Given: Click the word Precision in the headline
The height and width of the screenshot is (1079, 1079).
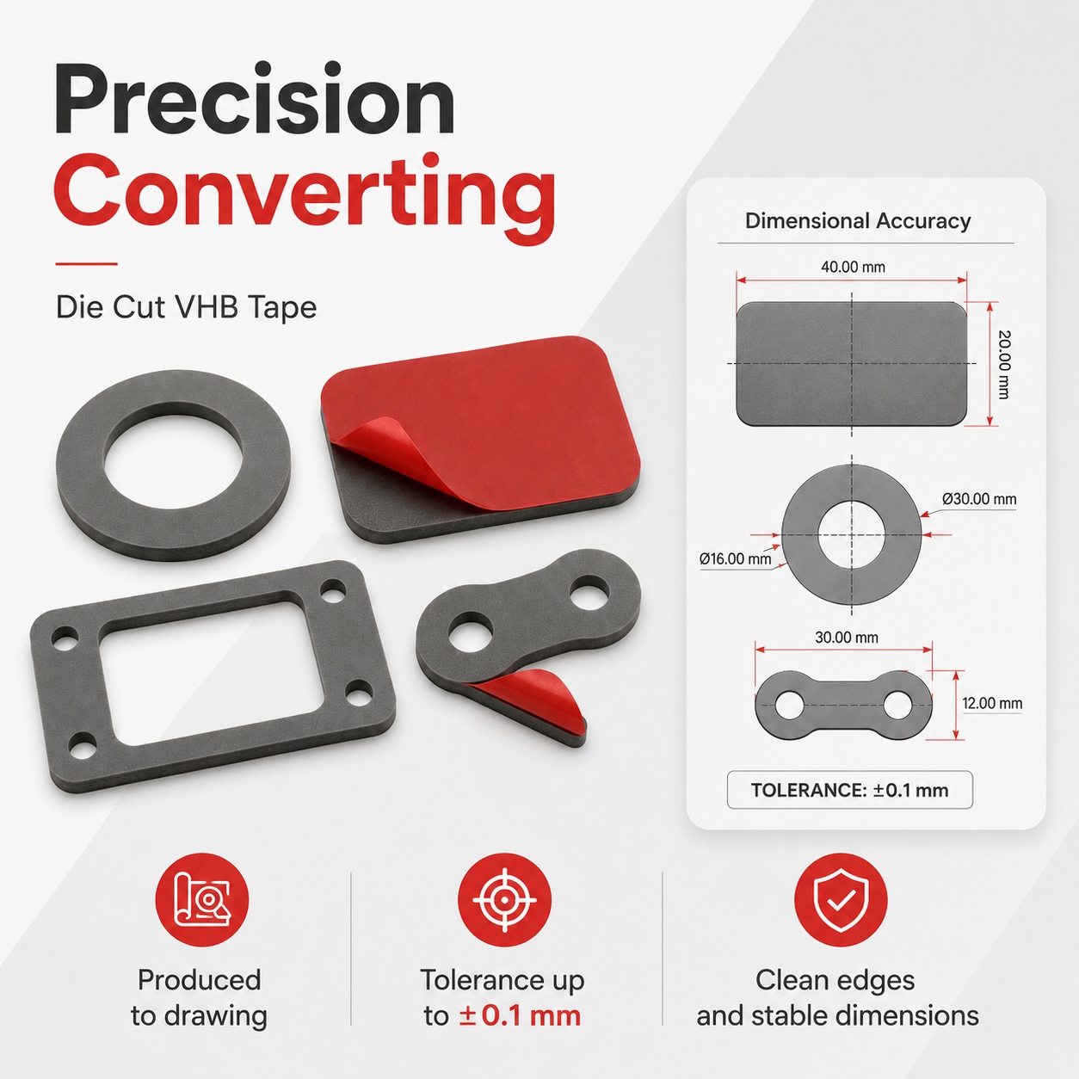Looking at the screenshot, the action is tap(255, 100).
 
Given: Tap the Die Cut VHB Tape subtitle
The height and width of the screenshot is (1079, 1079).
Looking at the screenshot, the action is tap(187, 307).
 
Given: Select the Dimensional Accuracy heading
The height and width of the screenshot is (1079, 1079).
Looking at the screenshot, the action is tap(858, 220).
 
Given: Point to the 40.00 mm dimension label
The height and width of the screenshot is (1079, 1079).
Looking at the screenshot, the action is tap(853, 267).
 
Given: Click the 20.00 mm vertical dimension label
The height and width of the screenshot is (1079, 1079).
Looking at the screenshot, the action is tap(1004, 365).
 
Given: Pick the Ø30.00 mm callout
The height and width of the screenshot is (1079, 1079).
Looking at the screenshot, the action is tap(979, 499).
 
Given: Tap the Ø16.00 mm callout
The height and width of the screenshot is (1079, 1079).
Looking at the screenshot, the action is tap(735, 558).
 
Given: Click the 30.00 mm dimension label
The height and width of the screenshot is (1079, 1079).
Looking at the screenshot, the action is tap(846, 638).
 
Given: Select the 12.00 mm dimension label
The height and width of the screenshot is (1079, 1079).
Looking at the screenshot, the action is tap(991, 703).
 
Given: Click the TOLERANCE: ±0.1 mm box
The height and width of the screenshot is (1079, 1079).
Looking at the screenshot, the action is tap(849, 790).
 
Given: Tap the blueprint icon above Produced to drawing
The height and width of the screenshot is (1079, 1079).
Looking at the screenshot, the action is tap(202, 900).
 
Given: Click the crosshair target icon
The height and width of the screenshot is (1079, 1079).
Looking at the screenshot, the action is tap(504, 900).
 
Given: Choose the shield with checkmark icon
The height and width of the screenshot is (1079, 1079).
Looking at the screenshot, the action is tap(841, 900).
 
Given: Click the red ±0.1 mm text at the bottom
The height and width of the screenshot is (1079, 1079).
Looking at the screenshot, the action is tap(520, 1015).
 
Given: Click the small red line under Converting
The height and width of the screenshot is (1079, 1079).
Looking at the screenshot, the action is tap(86, 263).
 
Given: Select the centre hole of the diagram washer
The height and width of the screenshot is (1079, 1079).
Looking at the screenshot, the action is tap(851, 534).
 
